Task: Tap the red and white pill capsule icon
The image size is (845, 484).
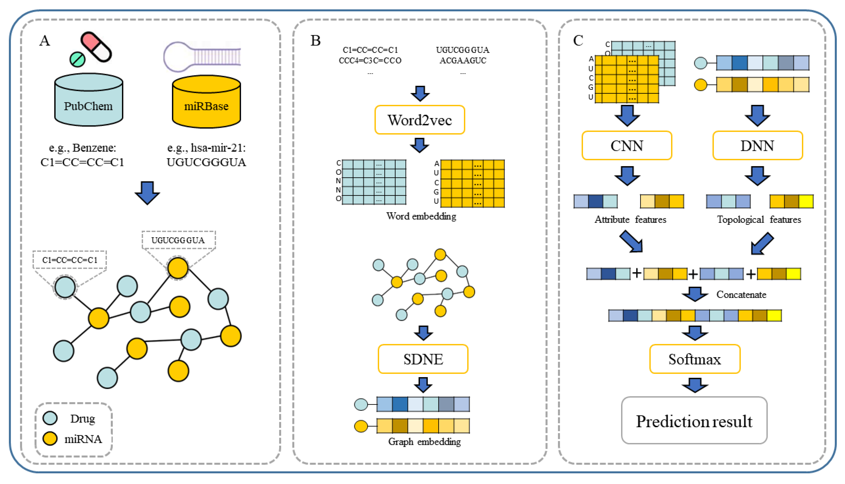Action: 96,47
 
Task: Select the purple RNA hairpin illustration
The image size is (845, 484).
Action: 202,56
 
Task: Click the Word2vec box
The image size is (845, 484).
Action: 420,120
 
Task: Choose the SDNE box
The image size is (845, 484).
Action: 423,359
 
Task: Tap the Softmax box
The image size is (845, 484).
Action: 695,359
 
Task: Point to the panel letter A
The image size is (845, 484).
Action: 45,41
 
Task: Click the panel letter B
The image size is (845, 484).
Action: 315,41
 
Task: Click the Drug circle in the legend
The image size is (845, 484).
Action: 50,418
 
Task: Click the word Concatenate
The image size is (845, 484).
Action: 741,294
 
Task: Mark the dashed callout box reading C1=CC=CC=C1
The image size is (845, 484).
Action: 70,260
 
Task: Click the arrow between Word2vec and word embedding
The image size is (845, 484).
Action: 420,145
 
